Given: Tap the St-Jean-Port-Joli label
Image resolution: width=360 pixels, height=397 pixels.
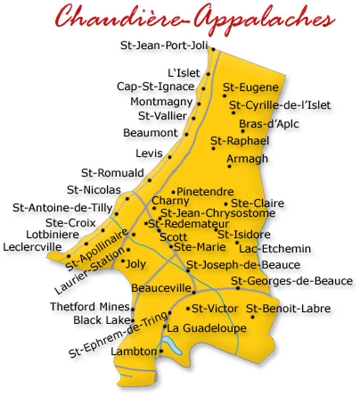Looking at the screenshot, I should click(164, 46).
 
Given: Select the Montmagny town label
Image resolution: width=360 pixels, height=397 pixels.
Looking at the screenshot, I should click(162, 101).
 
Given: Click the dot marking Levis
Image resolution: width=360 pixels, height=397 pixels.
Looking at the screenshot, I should click(170, 157).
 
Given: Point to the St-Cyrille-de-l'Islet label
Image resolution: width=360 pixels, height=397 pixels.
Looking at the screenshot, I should click(280, 105).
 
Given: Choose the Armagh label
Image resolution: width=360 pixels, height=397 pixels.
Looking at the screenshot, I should click(247, 159).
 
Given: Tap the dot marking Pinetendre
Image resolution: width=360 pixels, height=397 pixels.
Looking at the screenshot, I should click(173, 192).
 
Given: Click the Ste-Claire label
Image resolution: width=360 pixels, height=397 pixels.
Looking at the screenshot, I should click(258, 203).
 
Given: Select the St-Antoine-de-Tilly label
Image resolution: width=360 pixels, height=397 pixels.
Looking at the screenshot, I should click(62, 208).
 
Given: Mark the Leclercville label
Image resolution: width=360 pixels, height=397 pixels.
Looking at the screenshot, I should click(33, 247).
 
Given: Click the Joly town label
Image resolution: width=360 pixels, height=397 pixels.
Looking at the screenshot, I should click(136, 264).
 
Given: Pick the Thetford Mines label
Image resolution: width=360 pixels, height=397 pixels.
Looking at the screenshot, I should click(90, 307).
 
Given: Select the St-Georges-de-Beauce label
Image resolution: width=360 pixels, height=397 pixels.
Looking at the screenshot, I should click(292, 281).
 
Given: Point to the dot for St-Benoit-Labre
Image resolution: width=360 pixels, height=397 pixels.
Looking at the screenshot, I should click(253, 317).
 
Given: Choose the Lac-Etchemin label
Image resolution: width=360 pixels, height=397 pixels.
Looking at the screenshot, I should click(275, 249).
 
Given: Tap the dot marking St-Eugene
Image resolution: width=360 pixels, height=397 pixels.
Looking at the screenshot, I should click(224, 96).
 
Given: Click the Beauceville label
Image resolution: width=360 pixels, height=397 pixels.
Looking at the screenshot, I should click(162, 288).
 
